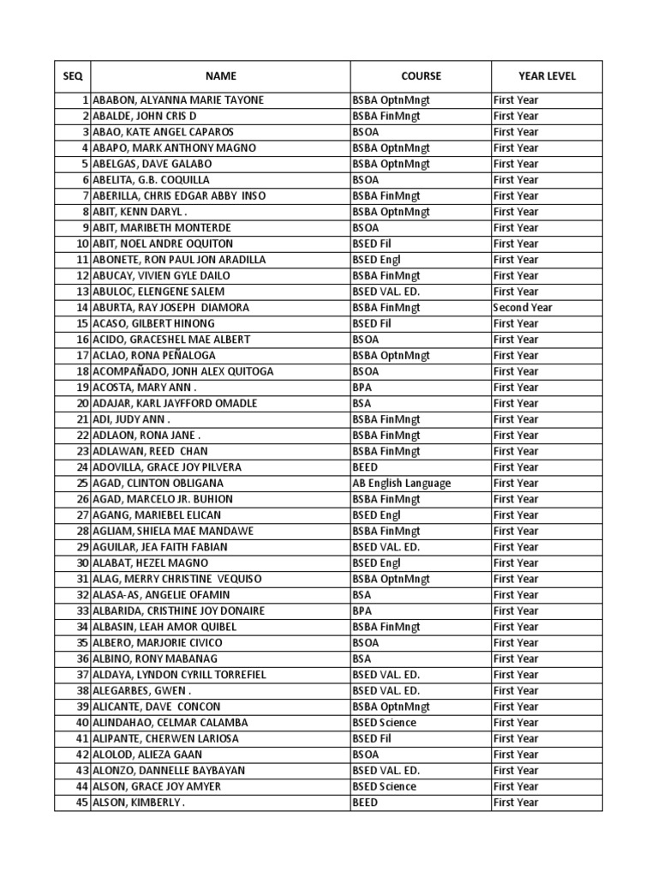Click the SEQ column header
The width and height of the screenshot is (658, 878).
click(73, 76)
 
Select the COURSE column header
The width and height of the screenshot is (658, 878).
click(421, 76)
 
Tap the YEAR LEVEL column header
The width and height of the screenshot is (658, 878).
click(547, 76)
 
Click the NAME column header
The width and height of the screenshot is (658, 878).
click(220, 76)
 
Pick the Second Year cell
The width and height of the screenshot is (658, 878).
click(523, 308)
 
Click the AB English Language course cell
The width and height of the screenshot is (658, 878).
click(401, 484)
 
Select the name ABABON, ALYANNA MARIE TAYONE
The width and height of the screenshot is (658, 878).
click(178, 100)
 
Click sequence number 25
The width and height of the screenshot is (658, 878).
click(82, 484)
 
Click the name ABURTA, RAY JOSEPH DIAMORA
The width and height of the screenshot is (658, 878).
click(171, 308)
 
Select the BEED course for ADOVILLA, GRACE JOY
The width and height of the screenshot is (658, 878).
click(365, 467)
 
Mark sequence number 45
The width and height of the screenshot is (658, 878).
click(82, 803)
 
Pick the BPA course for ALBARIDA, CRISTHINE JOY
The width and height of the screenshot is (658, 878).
click(362, 611)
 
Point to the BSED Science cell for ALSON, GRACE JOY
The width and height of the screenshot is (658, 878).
click(384, 787)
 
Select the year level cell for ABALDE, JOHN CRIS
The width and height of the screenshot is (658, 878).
click(516, 116)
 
